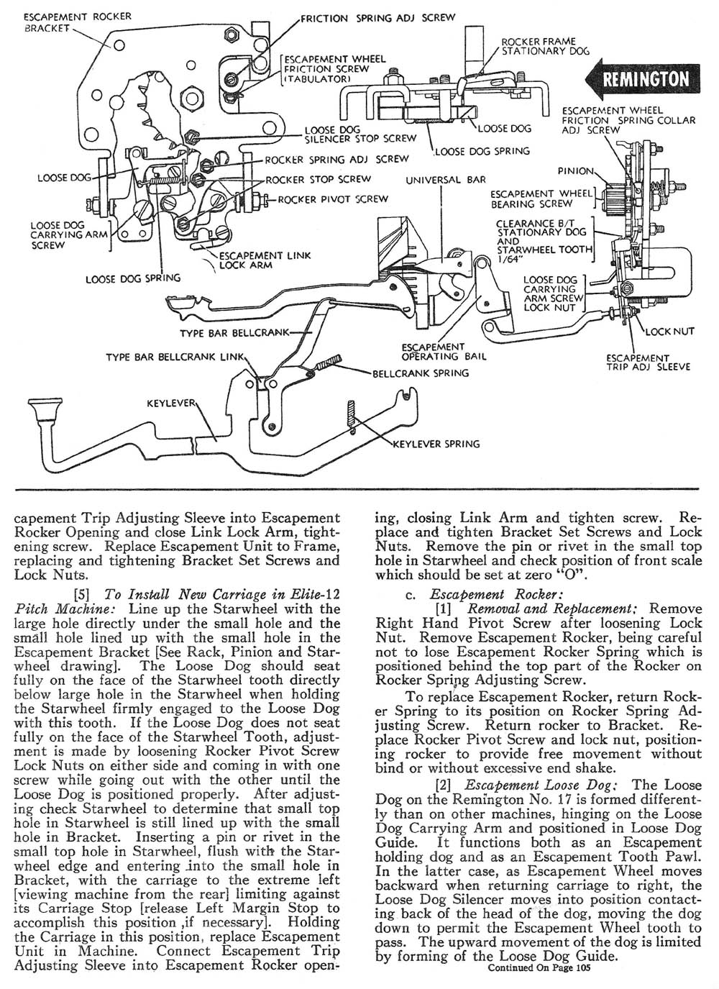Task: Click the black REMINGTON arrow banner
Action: point(642,78)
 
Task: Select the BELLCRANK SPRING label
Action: point(421,373)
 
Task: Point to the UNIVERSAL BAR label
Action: point(446,180)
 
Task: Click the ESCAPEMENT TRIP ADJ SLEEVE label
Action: point(647,362)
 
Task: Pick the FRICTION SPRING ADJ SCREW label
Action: point(377,17)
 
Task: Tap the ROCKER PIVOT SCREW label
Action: point(334,199)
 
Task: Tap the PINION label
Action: point(576,170)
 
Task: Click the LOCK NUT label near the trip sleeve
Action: point(669,332)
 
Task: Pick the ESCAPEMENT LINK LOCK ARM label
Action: point(265,260)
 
